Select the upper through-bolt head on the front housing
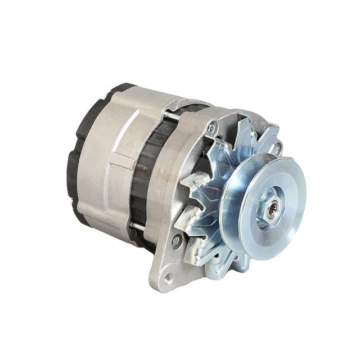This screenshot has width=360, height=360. pos(211,128)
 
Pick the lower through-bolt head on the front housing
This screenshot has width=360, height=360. pos(177,240)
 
